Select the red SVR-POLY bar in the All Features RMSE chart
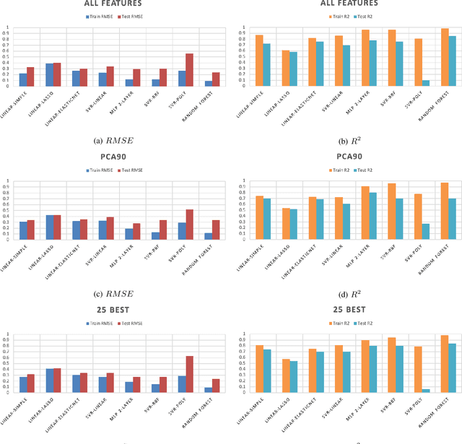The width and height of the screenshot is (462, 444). (189, 70)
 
